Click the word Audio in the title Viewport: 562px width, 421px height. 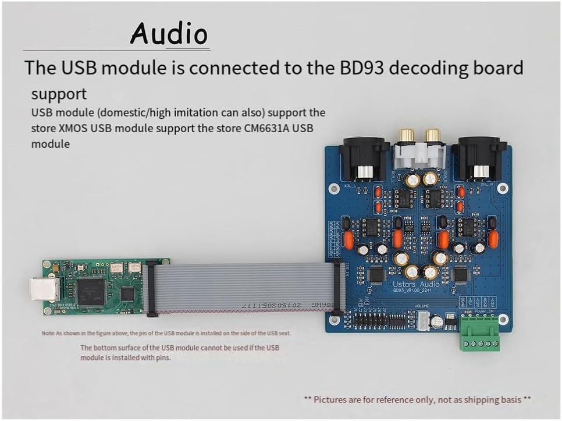pyautogui.click(x=169, y=33)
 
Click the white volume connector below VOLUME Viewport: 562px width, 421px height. pyautogui.click(x=422, y=320)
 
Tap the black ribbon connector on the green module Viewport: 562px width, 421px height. pyautogui.click(x=152, y=289)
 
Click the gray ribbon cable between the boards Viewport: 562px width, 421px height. pyautogui.click(x=244, y=286)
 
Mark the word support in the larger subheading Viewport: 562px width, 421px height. pyautogui.click(x=59, y=94)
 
